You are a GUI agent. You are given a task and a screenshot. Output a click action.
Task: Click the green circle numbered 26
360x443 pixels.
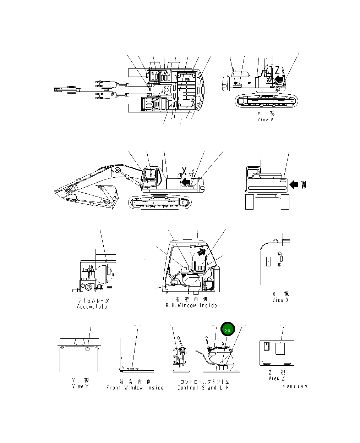pos(228,330)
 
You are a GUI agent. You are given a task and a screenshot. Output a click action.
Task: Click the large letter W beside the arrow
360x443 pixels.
pos(304,184)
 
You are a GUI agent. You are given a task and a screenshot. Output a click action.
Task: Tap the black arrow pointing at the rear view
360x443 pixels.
pos(294,184)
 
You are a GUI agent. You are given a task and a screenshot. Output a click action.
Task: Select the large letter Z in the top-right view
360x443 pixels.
pos(277,70)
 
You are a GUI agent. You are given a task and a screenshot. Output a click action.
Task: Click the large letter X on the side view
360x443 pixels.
pos(184,171)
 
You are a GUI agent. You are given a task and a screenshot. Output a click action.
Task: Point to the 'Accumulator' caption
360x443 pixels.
pos(93,306)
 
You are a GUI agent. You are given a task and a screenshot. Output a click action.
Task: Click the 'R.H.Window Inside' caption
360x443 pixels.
pos(191,305)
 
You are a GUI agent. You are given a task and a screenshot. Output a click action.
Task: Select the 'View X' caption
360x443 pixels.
pos(280,300)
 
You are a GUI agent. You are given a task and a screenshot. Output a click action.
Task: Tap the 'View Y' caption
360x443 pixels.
pos(80,386)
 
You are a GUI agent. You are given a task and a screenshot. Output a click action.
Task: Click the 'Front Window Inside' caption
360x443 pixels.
pos(135,388)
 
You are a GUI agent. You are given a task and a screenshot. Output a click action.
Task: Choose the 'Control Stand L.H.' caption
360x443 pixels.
pos(204,388)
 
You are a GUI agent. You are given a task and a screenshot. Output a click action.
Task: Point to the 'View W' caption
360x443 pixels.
pos(265,120)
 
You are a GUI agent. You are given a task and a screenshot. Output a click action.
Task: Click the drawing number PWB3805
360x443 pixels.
pos(295,386)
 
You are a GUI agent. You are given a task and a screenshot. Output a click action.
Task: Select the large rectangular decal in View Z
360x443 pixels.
pos(282,348)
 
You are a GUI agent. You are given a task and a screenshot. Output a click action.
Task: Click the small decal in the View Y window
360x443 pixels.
pos(88,349)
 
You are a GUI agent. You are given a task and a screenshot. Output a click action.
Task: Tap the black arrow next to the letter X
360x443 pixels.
pos(185,182)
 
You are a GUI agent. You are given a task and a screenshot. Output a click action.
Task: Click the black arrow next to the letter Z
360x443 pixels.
pos(279,79)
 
